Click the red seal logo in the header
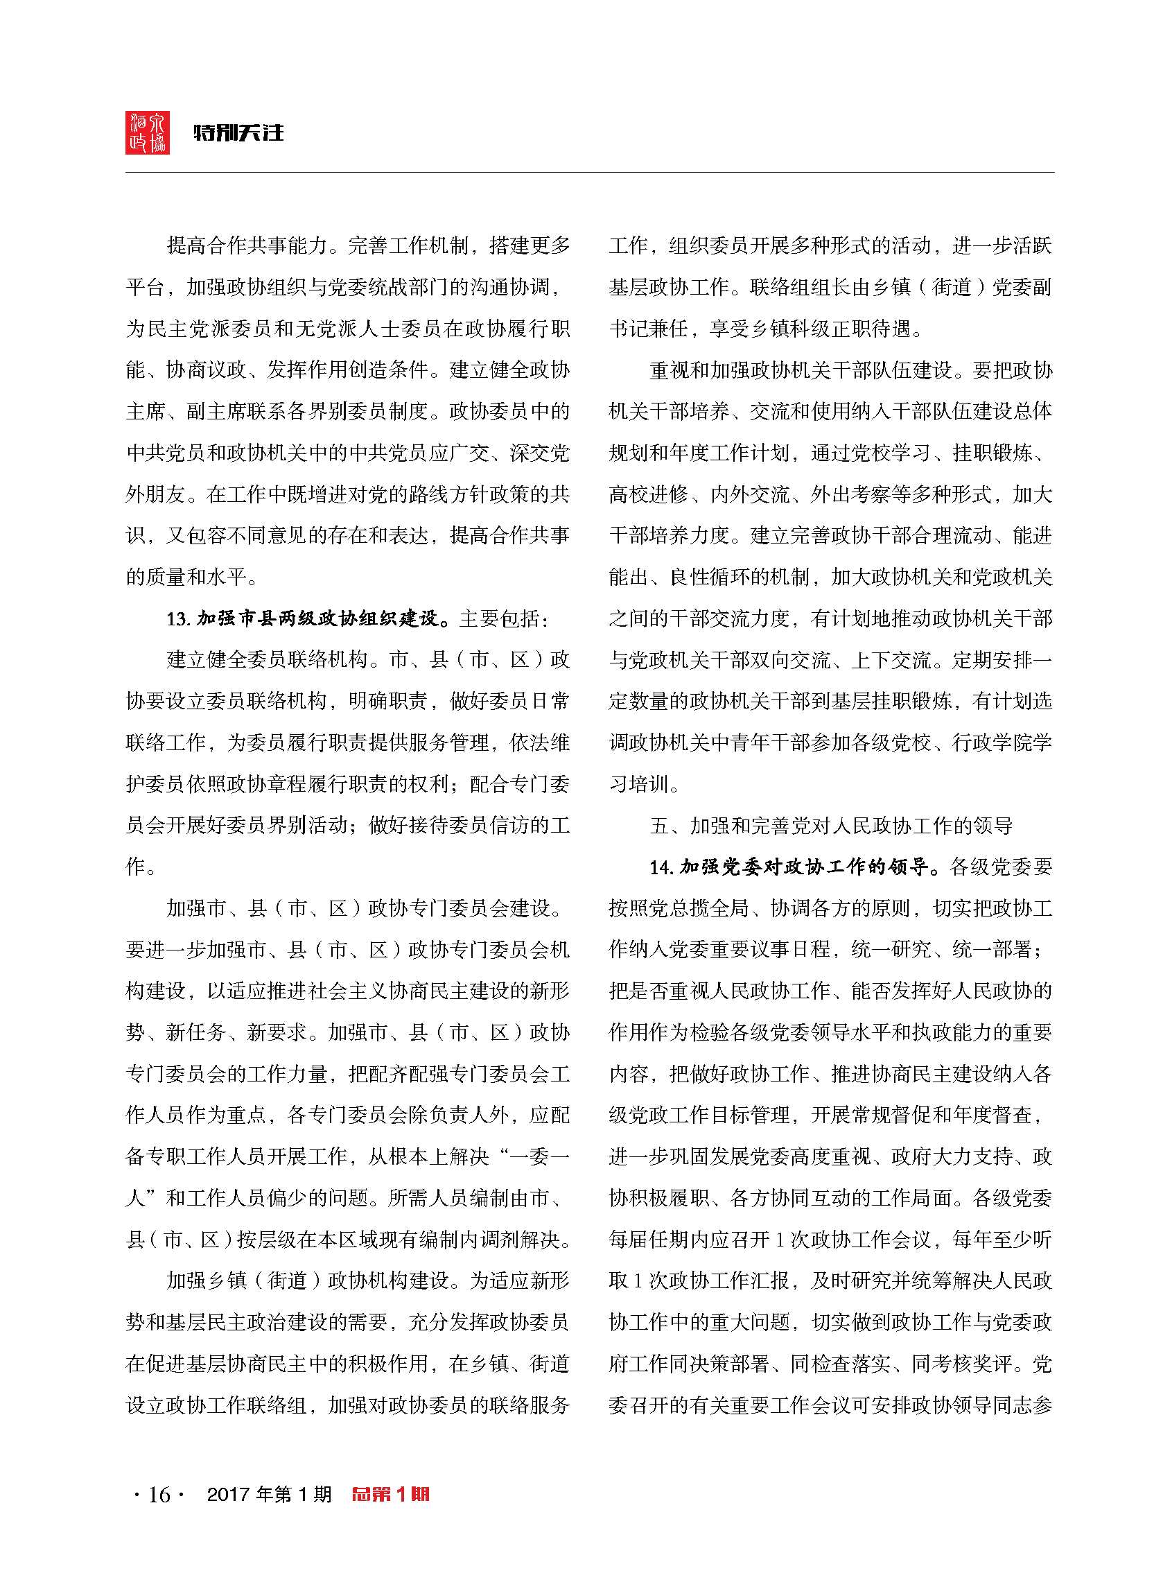tap(147, 132)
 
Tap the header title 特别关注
tap(238, 132)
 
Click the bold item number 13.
tap(178, 619)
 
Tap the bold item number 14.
tap(661, 867)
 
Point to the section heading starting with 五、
tap(831, 826)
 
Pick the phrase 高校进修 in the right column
tap(648, 495)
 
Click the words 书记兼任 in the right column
tap(648, 329)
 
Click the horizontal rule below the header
tap(589, 173)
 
